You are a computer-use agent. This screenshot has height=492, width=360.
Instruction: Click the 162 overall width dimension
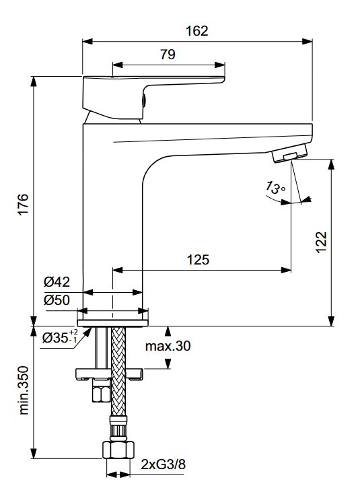coord(197,31)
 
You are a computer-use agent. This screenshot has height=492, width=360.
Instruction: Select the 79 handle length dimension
coord(168,55)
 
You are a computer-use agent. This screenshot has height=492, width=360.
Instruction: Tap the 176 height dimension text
coord(23,204)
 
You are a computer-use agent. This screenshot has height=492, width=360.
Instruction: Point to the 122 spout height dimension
coord(321,242)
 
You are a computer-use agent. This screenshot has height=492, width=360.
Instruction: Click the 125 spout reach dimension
coord(198,260)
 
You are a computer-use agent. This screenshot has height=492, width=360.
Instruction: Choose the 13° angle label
coord(275,188)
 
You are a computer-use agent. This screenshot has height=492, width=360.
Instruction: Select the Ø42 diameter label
coord(57,282)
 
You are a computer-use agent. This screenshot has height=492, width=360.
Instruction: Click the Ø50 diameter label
coord(57,300)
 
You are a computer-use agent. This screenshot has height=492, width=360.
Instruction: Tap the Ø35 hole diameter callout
coord(60,337)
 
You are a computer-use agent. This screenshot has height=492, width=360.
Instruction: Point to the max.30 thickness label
coord(168,346)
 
